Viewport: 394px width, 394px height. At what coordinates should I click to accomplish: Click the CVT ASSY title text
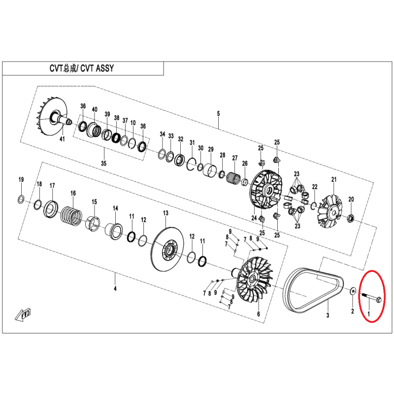82,68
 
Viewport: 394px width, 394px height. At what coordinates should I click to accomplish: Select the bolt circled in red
372,297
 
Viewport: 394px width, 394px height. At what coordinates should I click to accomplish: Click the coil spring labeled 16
71,216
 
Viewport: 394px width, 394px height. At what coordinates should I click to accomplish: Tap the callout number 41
62,138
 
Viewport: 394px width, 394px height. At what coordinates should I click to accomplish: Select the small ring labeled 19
21,199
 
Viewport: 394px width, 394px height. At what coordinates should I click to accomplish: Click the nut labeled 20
350,218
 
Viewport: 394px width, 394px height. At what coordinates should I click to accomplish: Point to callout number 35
103,164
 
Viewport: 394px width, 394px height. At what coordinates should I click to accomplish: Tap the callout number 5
218,113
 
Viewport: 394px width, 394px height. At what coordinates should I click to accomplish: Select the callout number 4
115,289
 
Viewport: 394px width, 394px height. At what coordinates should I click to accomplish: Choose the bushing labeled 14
114,230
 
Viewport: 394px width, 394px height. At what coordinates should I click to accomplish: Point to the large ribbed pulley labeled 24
266,189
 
